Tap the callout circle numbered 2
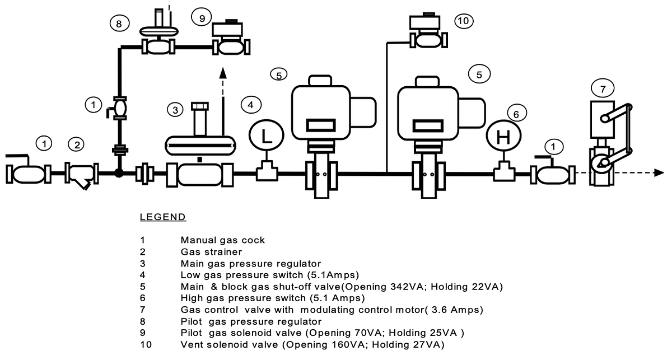click(77, 144)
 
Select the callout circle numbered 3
click(176, 110)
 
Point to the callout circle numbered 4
click(251, 104)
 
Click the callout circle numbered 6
click(516, 114)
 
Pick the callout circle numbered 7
click(603, 88)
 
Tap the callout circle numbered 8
click(119, 24)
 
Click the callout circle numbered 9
click(201, 17)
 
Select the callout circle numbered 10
click(463, 21)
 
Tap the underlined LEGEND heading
click(162, 217)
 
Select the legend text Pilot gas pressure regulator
click(251, 321)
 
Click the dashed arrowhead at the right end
click(659, 172)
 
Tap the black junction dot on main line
click(119, 173)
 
